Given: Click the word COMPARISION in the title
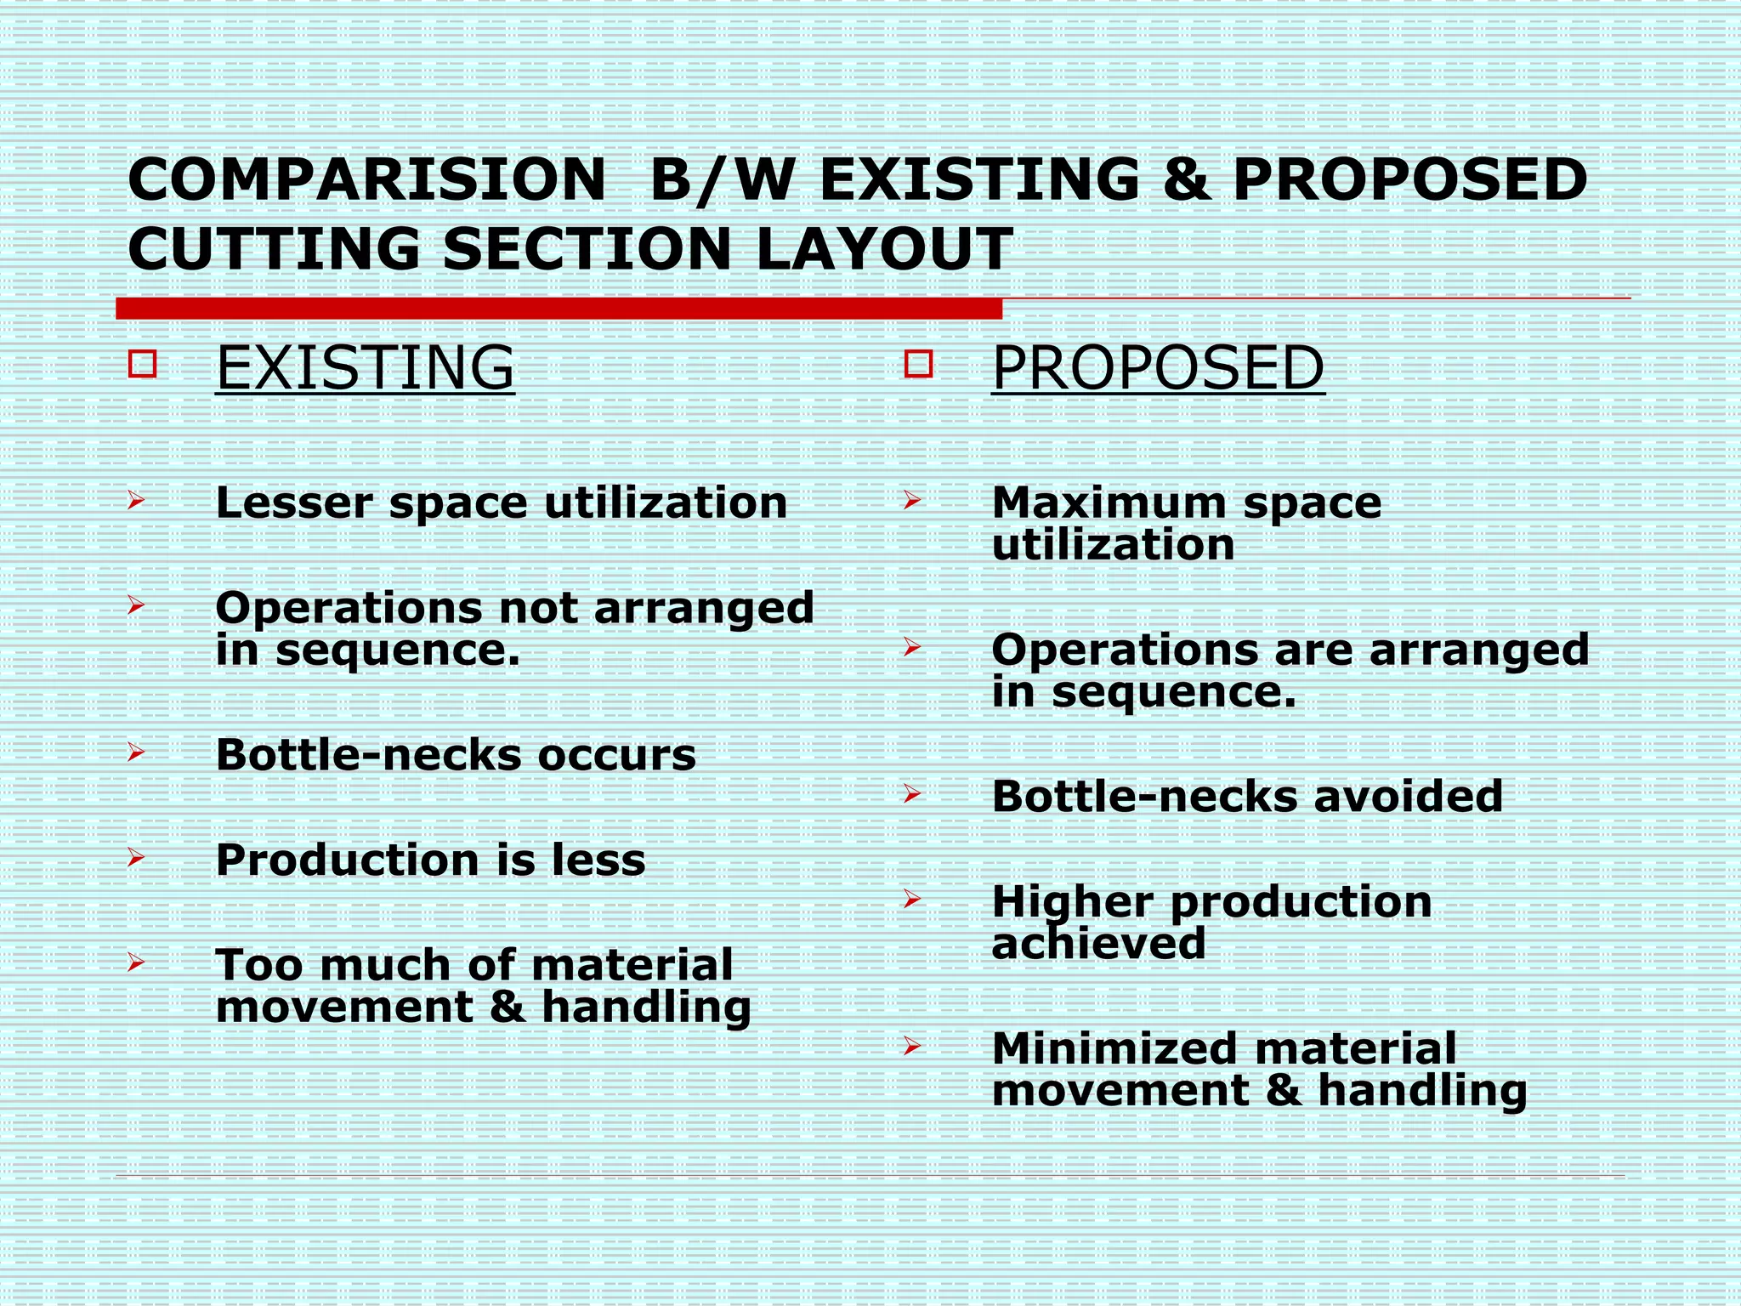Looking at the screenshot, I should click(366, 180).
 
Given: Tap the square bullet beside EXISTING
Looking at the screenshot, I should click(143, 365).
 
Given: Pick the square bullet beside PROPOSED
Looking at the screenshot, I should click(919, 365).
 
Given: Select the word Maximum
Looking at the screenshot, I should click(1109, 503).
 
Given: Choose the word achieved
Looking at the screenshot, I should click(1098, 943).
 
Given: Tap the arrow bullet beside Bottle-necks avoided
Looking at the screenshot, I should click(912, 794).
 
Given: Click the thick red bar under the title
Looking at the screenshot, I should click(559, 309).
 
